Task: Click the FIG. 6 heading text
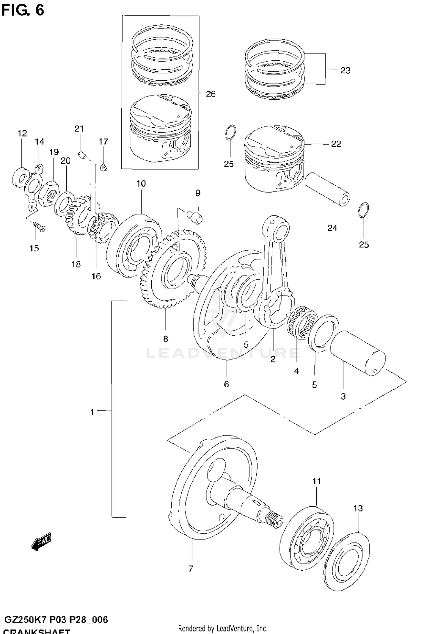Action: pos(23,10)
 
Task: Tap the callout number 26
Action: pos(211,94)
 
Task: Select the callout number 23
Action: pos(345,71)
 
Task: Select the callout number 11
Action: pos(317,481)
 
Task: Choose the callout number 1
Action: pos(92,412)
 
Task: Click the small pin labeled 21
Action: pos(82,155)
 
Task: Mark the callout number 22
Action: pos(336,144)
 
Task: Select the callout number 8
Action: pos(166,339)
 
